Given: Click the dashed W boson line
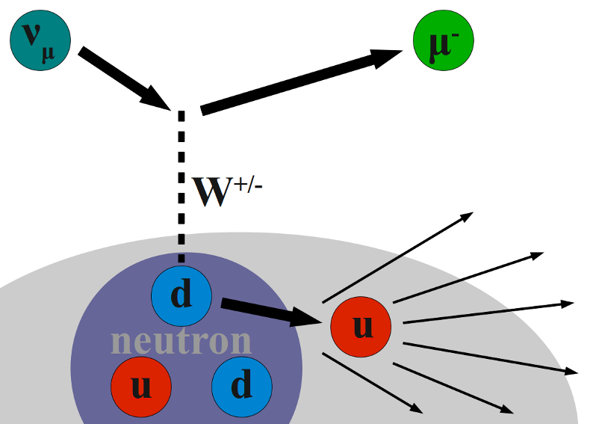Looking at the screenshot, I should [180, 187].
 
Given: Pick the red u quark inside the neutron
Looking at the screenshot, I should [141, 385].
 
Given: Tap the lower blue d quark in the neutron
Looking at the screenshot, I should [241, 385].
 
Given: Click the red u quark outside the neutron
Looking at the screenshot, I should [361, 326].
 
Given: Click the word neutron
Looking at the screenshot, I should [181, 341].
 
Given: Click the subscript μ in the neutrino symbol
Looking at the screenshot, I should [49, 55].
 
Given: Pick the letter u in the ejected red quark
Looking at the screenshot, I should [361, 327].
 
